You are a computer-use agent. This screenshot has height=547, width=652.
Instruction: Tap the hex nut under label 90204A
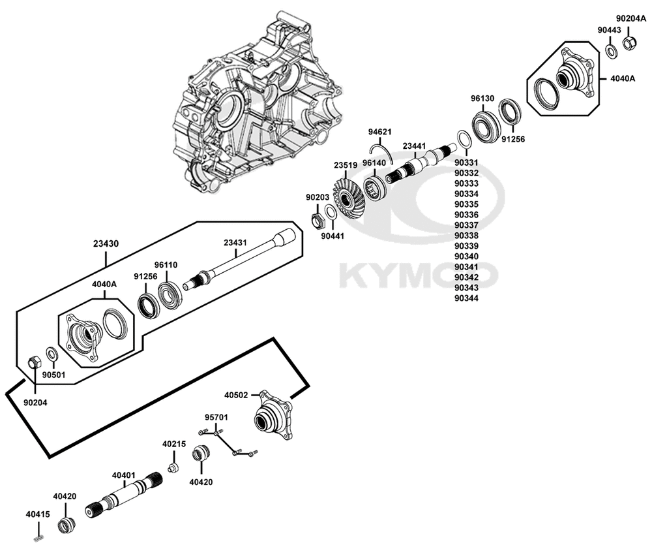click(x=630, y=44)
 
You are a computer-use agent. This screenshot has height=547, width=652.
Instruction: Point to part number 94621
click(x=379, y=132)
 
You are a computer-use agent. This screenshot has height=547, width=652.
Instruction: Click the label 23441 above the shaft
click(x=415, y=146)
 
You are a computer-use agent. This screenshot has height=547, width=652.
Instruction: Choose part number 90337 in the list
click(x=466, y=225)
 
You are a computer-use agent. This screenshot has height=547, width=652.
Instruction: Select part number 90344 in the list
click(x=466, y=298)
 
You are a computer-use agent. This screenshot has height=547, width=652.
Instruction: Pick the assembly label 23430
click(x=105, y=242)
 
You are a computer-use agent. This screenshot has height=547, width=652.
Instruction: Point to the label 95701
click(x=216, y=416)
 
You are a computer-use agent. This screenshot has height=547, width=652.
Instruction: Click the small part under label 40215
click(x=173, y=467)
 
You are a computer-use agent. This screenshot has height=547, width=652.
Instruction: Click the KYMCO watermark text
click(x=417, y=275)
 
